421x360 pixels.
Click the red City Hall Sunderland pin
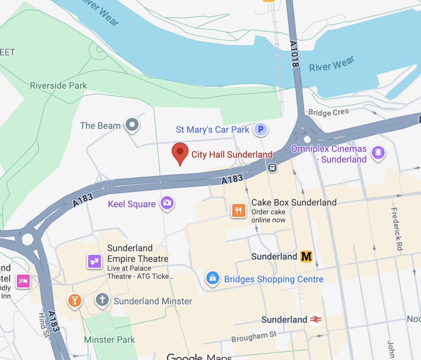pos(180,152)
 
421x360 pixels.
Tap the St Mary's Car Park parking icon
pos(260,130)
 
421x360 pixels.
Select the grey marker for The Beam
pos(132,125)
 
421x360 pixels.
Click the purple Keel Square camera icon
pos(167,203)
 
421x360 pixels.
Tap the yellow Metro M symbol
pos(306,257)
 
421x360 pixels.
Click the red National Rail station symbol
pos(315,319)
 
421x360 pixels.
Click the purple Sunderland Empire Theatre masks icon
pos(94,261)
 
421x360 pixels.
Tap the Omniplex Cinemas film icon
pos(378,153)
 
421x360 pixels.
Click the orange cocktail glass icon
pos(74,300)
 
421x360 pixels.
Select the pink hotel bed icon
pos(23,281)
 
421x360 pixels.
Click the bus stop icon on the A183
pos(272,167)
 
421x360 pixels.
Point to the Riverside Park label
pos(58,85)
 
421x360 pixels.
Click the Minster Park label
pos(109,339)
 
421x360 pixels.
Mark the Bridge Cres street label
pos(328,112)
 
